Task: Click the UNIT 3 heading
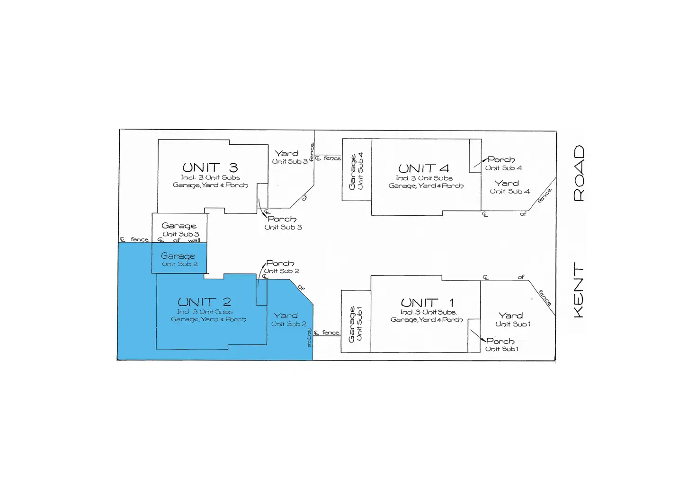coord(210,167)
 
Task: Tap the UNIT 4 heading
coord(423,168)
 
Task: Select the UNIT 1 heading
coord(427,302)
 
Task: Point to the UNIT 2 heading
coord(204,302)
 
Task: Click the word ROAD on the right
coord(579,173)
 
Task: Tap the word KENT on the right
coord(579,290)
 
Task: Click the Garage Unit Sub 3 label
coord(179,229)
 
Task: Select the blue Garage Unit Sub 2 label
coord(179,260)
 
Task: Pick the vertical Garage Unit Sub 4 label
coord(356,171)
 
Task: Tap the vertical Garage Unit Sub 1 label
coord(355,324)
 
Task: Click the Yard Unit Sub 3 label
coord(289,157)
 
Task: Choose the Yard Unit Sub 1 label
coord(512,319)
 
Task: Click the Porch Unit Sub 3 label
coord(283,223)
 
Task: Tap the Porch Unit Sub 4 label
coord(503,163)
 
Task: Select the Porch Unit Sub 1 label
coord(501,344)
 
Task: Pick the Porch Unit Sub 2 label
coord(281,266)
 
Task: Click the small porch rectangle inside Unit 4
coord(475,153)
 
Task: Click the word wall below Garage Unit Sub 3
coord(194,240)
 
